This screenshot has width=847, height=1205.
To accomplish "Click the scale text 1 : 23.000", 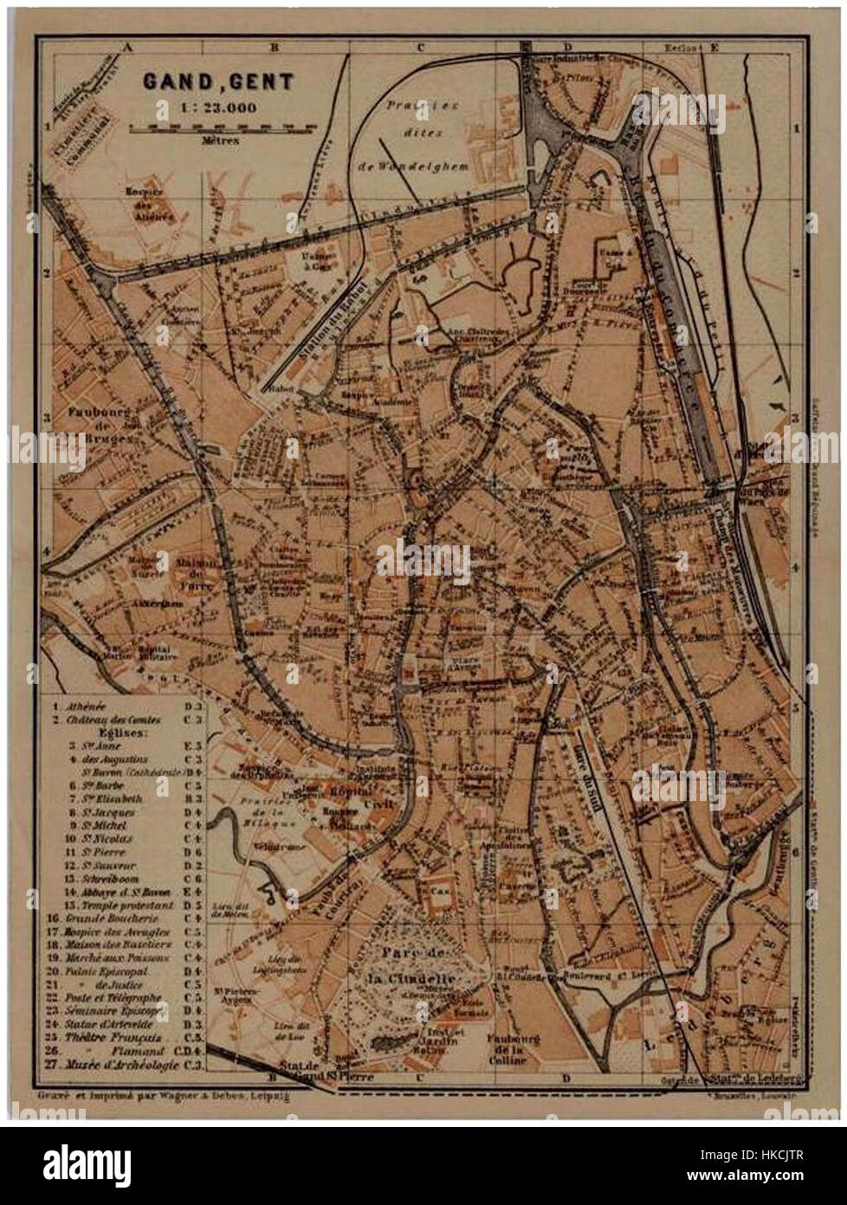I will [x=206, y=109].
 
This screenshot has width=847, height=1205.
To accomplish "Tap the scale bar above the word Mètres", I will [x=223, y=127].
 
